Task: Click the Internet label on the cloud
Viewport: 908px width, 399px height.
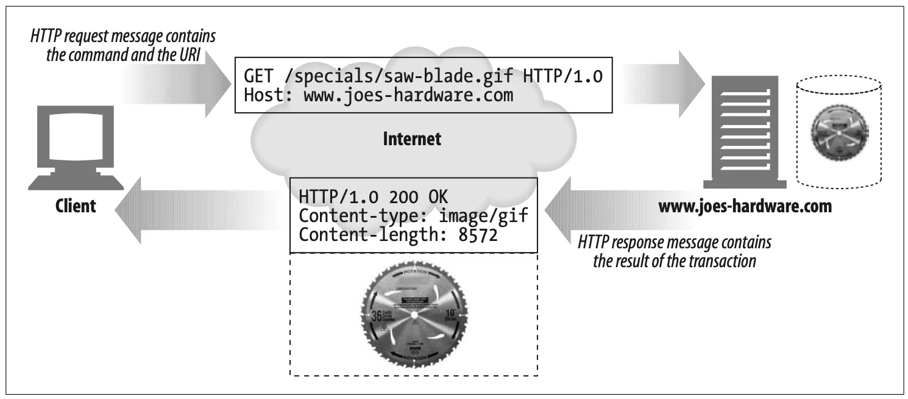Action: pyautogui.click(x=411, y=139)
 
